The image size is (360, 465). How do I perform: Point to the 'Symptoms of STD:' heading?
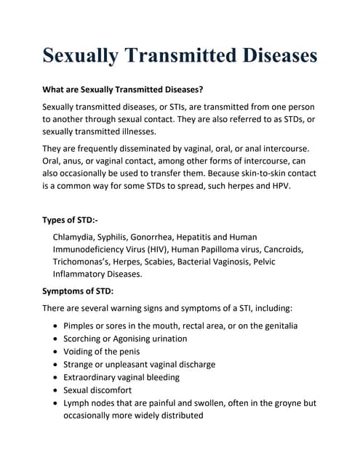coord(83,291)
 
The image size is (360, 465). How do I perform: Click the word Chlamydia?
coord(77,237)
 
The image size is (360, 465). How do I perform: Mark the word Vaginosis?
coord(282,262)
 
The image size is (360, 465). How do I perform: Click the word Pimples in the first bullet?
coord(82,326)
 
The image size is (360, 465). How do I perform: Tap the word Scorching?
coord(87,339)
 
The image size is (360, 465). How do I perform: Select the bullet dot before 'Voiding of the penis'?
coord(55,352)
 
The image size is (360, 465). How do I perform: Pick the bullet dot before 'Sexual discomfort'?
coord(55,390)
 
